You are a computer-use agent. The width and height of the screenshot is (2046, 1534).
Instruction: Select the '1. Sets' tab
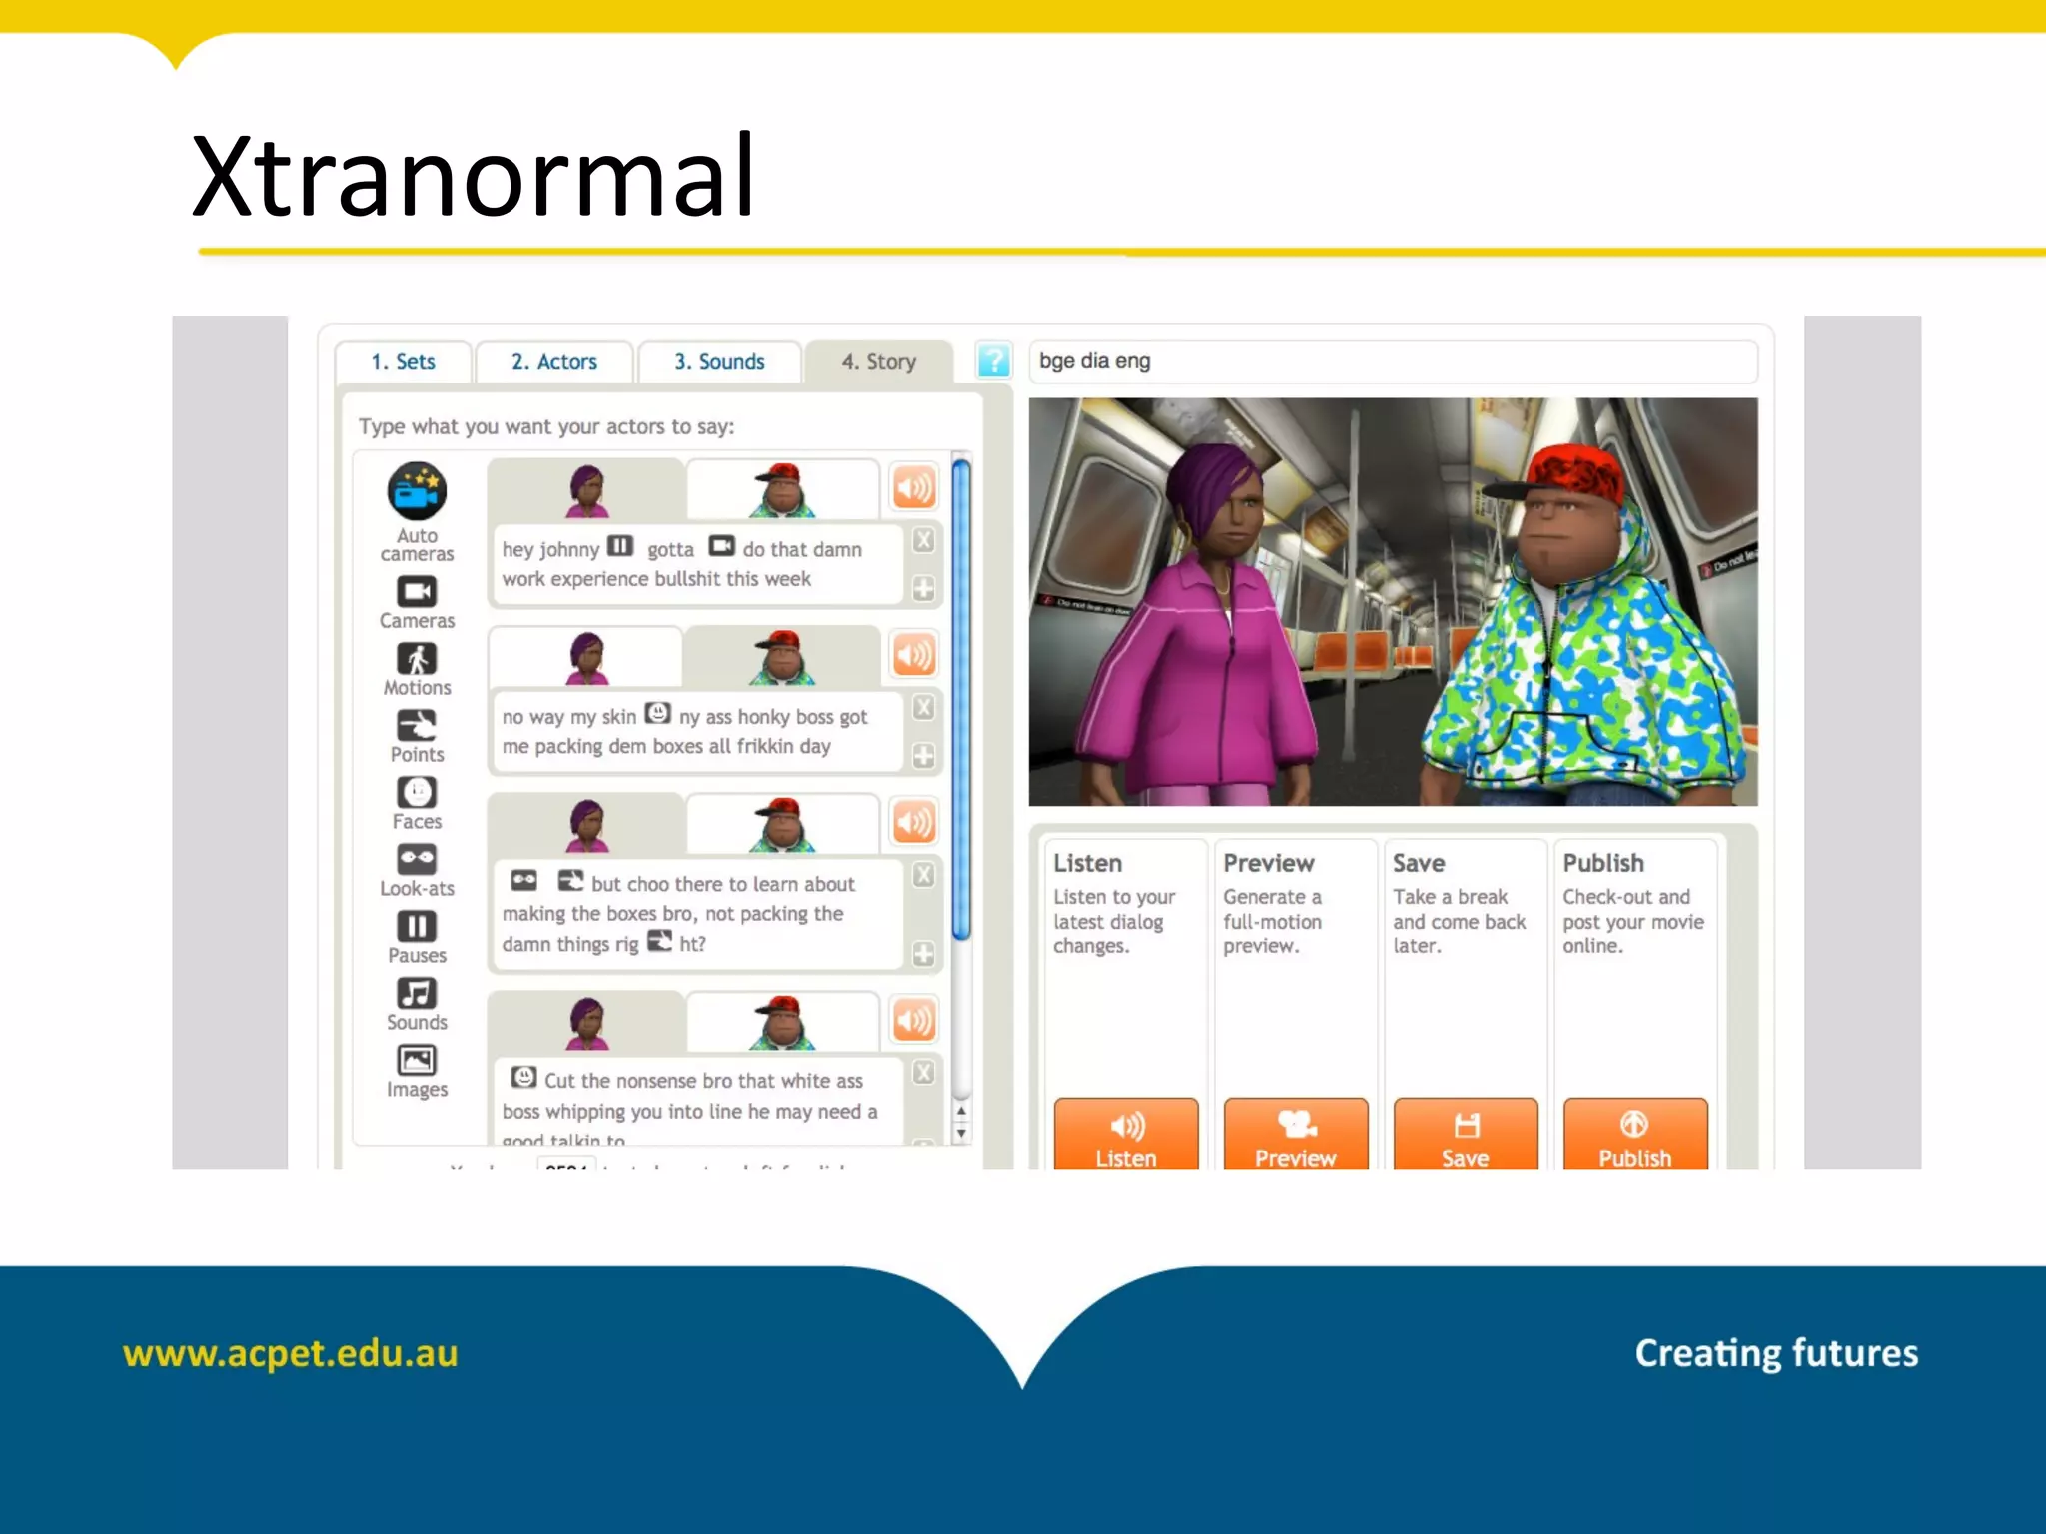[x=403, y=362]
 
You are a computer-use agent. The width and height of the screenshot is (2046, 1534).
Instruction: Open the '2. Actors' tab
[x=554, y=362]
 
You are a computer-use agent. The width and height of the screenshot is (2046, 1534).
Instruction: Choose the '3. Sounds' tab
[x=719, y=362]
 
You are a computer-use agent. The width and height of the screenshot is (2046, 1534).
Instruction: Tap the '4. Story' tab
[x=878, y=362]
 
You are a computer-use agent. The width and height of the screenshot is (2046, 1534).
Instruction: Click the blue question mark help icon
[x=993, y=361]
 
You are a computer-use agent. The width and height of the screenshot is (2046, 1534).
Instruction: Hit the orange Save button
[x=1466, y=1137]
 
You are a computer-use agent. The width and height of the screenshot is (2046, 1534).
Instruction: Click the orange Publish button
[x=1635, y=1137]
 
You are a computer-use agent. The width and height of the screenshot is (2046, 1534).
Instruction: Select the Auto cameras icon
[x=417, y=491]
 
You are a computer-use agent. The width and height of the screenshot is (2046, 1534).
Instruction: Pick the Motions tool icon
[x=417, y=659]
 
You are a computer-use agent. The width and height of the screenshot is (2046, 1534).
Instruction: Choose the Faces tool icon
[x=417, y=793]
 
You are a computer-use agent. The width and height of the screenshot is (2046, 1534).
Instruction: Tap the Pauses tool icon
[x=417, y=927]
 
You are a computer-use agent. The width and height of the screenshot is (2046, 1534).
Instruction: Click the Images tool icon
[x=417, y=1060]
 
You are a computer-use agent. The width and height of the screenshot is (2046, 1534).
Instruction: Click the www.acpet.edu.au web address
[x=290, y=1353]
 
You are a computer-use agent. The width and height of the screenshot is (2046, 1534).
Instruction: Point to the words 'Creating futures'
[x=1776, y=1353]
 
